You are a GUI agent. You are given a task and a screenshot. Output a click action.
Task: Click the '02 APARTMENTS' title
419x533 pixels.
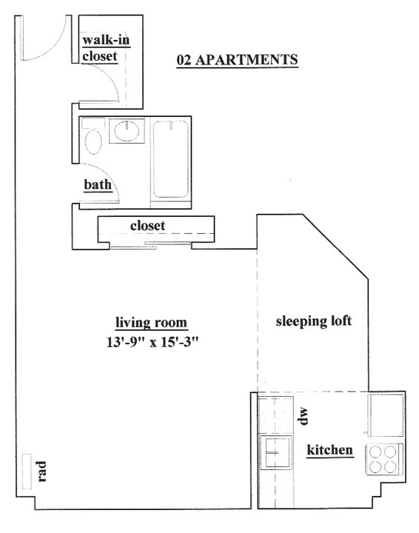237,60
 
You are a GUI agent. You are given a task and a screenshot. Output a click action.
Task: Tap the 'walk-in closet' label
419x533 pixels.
106,48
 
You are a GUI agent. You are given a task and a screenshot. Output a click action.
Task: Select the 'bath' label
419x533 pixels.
98,184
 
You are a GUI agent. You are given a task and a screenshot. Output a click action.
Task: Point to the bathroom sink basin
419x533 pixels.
127,130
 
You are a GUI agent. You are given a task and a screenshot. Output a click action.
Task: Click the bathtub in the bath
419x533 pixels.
170,158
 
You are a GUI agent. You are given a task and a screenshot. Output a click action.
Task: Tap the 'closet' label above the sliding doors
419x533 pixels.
147,225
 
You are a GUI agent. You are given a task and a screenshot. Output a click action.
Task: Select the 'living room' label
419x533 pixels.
151,322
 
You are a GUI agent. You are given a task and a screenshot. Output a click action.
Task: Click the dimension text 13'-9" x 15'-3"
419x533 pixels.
152,342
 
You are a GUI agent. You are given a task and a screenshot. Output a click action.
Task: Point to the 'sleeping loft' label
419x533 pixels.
314,321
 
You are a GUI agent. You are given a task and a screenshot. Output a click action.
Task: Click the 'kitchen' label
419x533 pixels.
330,450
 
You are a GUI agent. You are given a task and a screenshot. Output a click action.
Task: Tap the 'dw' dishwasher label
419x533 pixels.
303,416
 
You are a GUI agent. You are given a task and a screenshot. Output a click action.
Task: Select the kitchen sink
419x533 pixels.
276,452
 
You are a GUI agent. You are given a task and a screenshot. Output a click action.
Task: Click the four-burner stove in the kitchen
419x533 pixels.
383,460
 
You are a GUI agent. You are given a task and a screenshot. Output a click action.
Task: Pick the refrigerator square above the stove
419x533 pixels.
386,415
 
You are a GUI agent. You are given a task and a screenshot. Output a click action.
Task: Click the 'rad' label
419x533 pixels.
41,471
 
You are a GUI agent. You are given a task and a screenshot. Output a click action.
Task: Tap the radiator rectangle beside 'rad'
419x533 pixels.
27,472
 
